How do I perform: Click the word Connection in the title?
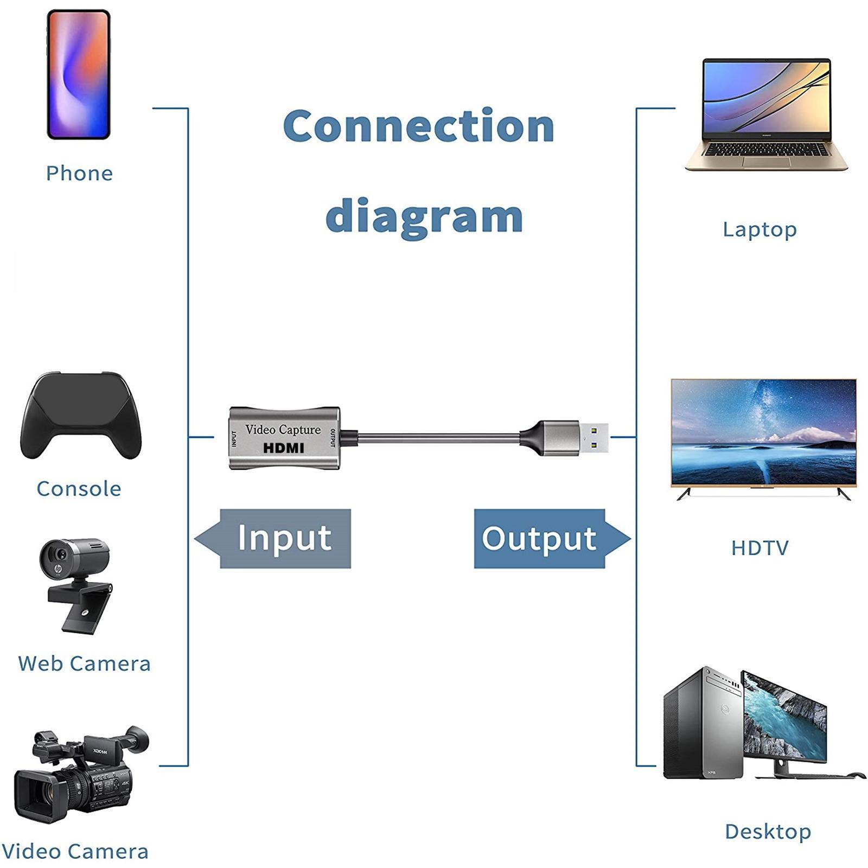tap(418, 126)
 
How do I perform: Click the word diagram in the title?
tap(424, 216)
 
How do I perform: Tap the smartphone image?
tap(79, 74)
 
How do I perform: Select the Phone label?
tap(79, 174)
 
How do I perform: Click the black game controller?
tap(81, 415)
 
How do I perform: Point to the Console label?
tap(79, 489)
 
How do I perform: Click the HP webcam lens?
tap(59, 554)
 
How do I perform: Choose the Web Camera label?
tap(84, 663)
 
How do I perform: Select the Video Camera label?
tap(75, 851)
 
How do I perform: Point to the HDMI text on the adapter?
tap(283, 448)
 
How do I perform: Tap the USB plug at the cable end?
tap(575, 437)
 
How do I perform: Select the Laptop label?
tap(759, 229)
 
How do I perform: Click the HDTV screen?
tap(763, 431)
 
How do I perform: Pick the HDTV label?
tap(759, 548)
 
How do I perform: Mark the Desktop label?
tap(768, 831)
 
